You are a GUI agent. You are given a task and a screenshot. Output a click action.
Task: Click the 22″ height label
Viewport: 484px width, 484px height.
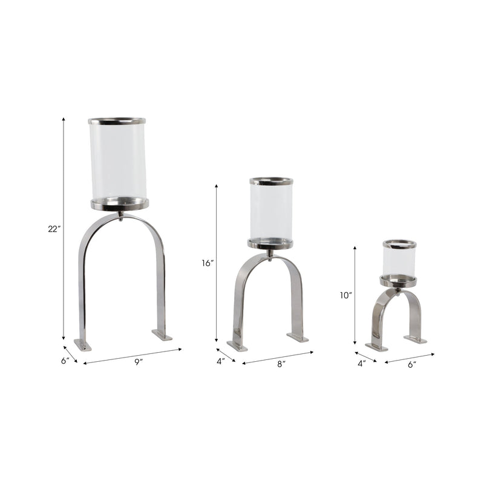[54, 229]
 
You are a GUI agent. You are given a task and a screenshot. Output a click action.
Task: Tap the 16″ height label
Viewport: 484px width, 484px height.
[208, 263]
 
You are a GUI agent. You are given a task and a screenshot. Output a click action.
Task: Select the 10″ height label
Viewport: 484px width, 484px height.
[345, 296]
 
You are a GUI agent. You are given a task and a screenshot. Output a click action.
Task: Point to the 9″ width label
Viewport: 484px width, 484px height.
[139, 362]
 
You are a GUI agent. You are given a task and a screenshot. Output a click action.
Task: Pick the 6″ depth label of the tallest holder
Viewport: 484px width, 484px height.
[65, 361]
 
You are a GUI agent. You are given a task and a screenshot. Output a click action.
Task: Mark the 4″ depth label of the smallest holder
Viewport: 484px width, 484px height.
[361, 364]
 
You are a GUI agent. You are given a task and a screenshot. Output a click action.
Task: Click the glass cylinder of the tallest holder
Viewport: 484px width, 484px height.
[118, 160]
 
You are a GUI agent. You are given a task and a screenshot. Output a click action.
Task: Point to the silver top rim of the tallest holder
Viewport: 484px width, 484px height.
[117, 121]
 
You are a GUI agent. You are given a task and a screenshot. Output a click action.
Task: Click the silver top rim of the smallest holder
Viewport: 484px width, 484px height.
[399, 244]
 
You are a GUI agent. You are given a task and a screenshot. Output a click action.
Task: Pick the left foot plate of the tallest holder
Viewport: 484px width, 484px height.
[83, 345]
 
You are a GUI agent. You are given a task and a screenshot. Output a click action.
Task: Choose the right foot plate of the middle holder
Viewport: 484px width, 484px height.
[298, 337]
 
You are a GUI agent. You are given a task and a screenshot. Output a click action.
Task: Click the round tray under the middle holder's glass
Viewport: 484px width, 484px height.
[270, 244]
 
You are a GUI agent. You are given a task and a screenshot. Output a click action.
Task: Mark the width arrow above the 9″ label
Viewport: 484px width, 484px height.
[132, 356]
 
